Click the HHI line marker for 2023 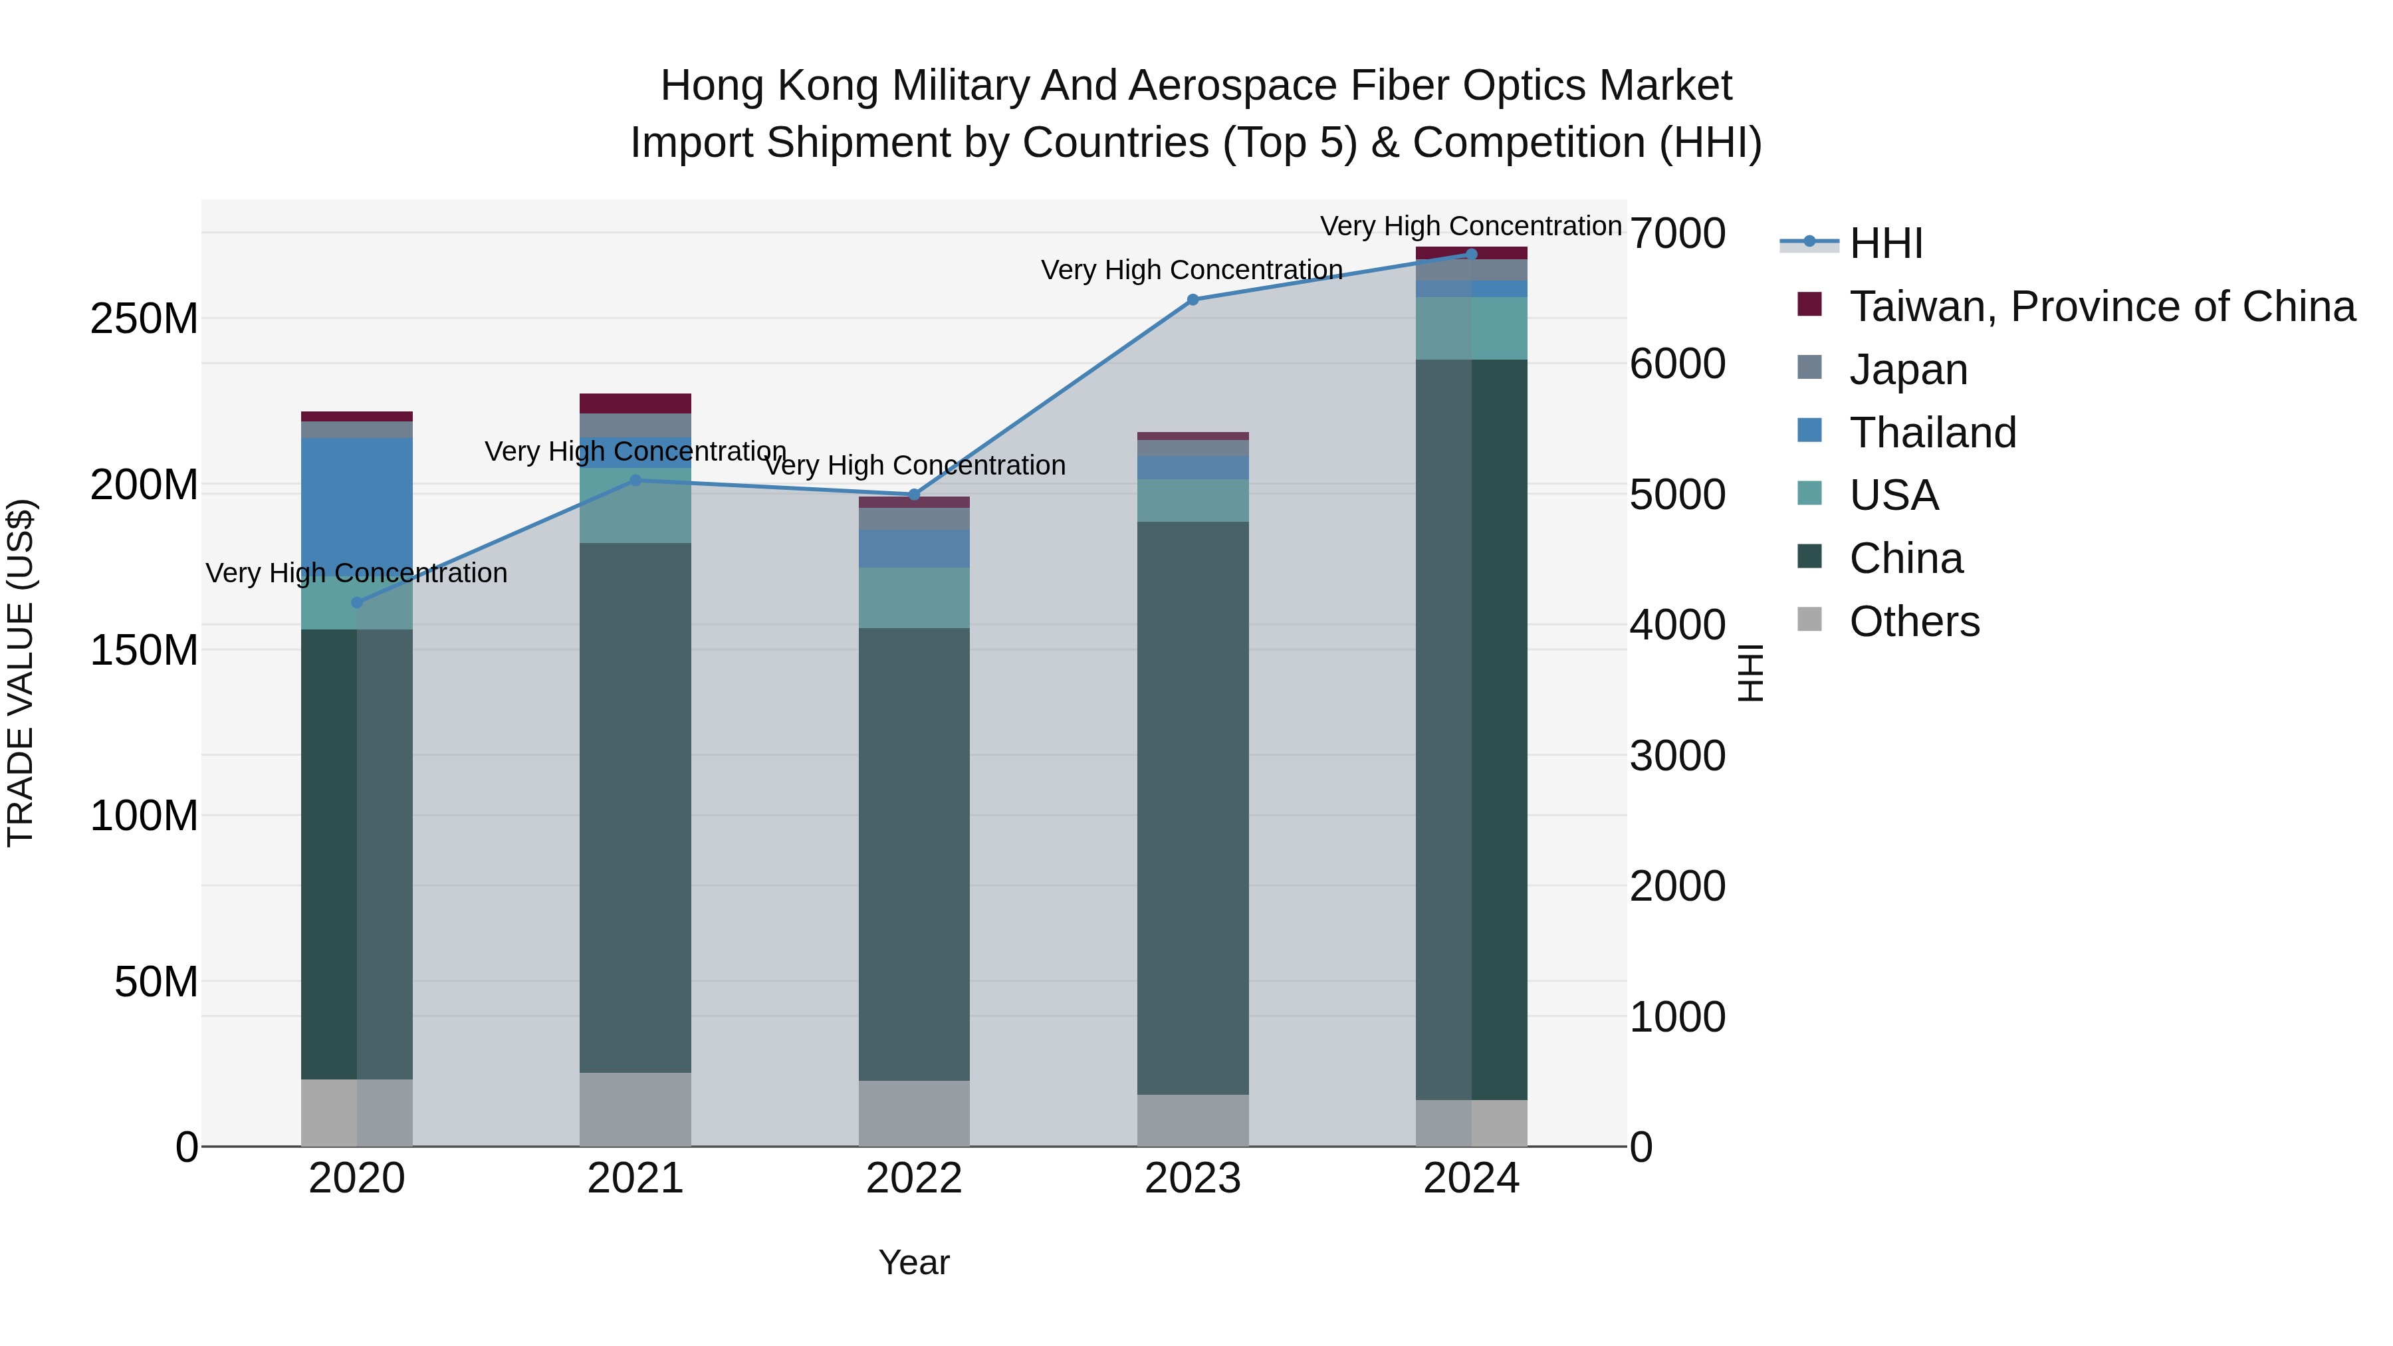(x=1193, y=300)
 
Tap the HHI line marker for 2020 (x=357, y=603)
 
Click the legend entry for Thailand (x=1932, y=433)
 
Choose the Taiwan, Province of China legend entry (x=2101, y=306)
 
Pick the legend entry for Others (x=1914, y=621)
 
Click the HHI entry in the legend (x=1886, y=243)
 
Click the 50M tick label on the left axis (x=156, y=982)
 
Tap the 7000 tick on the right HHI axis (x=1678, y=233)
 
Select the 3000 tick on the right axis (x=1678, y=756)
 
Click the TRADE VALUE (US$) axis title (x=21, y=673)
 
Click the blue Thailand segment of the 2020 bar (x=357, y=506)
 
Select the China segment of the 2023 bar (x=1193, y=808)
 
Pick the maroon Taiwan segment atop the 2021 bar (x=635, y=403)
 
